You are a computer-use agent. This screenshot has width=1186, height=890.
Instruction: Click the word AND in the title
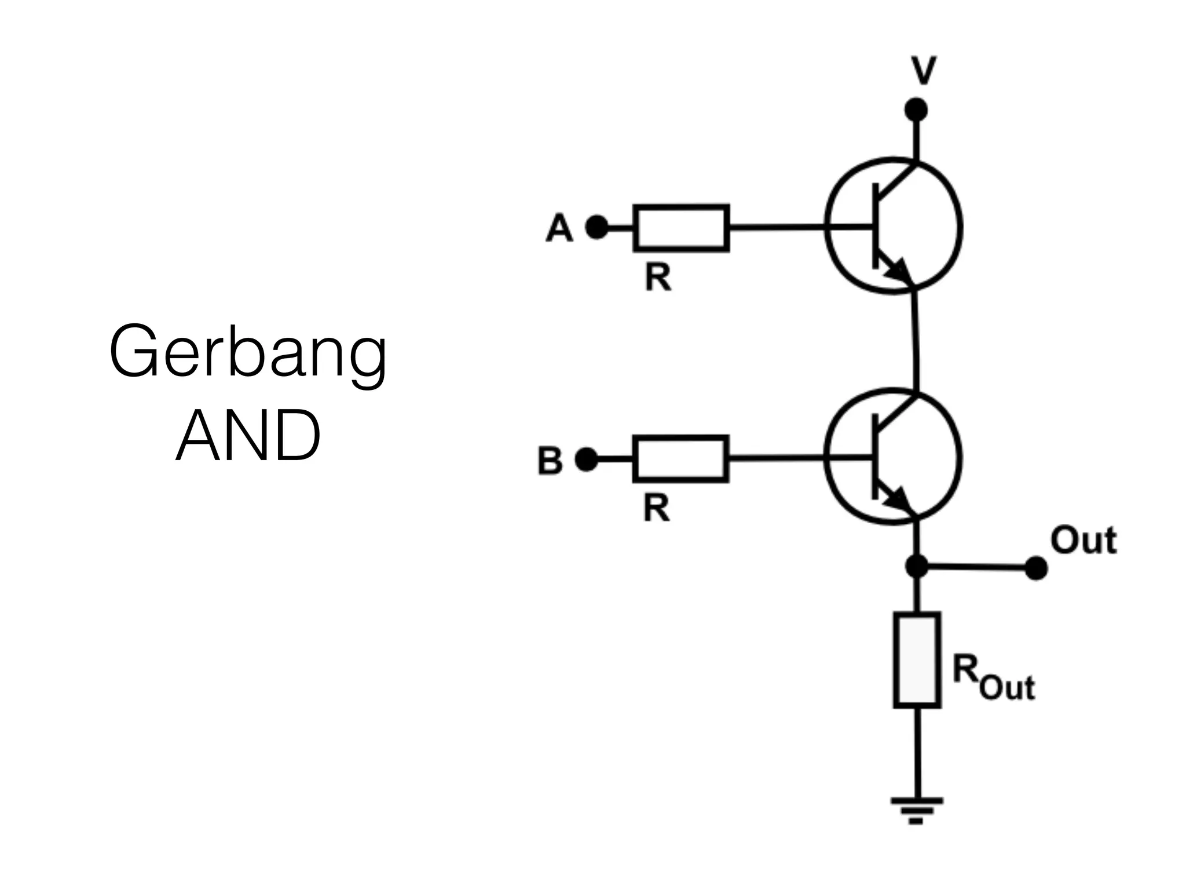248,436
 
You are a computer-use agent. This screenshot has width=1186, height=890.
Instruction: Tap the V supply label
923,71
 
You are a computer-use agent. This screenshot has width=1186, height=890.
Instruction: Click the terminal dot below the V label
916,110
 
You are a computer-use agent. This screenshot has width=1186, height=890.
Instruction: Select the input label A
559,228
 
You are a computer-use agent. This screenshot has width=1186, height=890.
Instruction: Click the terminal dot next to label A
597,227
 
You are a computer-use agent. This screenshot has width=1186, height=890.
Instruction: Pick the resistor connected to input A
681,228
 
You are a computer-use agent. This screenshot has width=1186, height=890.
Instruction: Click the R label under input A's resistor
658,278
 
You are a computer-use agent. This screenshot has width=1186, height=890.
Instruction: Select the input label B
550,461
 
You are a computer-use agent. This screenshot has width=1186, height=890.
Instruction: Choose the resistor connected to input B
680,459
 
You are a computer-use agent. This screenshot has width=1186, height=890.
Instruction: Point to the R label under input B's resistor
656,509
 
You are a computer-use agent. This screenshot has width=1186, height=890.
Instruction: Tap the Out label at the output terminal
1083,541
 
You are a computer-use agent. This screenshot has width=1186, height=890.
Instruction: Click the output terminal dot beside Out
1036,568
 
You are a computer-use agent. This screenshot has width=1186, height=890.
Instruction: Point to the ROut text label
993,677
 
